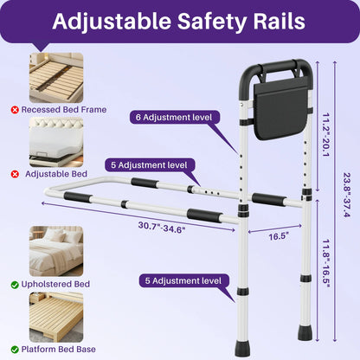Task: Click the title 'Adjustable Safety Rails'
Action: (x=179, y=21)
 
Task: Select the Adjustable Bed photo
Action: (x=56, y=142)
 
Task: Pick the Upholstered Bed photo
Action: (x=56, y=252)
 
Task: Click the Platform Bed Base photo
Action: (x=56, y=317)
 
